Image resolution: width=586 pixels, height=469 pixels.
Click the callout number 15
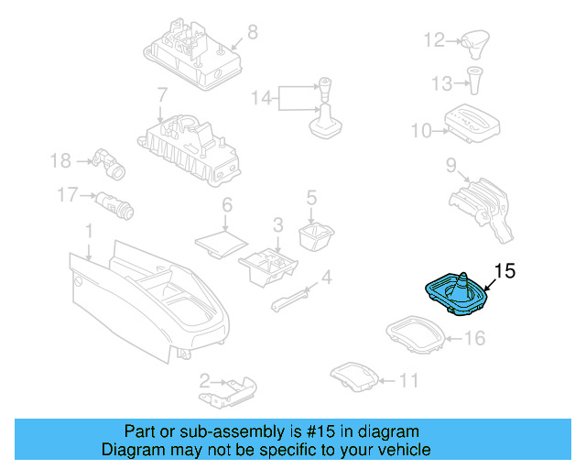[x=505, y=270]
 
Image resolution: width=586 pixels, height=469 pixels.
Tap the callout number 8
[x=252, y=32]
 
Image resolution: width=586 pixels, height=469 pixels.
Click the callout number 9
[x=450, y=165]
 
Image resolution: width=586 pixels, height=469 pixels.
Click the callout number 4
[x=325, y=277]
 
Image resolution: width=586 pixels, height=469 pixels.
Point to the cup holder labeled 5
[x=313, y=235]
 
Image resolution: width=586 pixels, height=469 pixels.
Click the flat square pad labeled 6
[x=221, y=239]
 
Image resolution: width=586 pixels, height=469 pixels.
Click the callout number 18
[x=60, y=161]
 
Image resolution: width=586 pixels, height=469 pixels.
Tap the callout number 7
[x=161, y=94]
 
